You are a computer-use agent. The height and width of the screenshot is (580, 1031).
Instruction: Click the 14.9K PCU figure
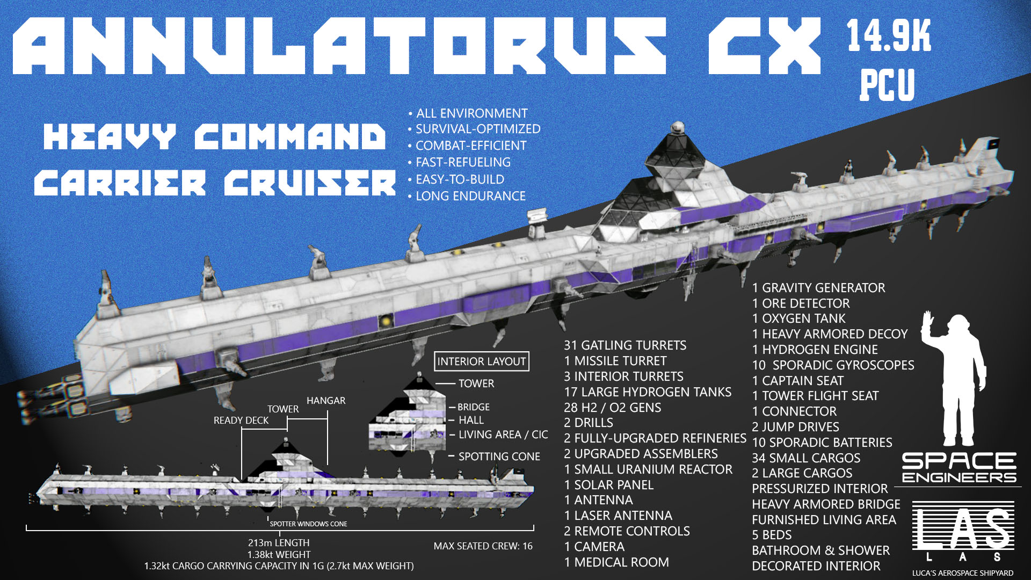point(889,59)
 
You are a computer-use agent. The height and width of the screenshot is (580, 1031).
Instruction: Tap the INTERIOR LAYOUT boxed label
point(481,361)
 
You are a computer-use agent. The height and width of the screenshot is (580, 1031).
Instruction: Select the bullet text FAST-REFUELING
point(463,162)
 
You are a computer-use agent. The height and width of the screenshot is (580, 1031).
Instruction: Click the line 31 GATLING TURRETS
point(625,345)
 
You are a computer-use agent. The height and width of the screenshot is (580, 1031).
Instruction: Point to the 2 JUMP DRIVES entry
point(795,427)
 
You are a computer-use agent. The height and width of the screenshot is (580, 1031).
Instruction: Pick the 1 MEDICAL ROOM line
point(616,562)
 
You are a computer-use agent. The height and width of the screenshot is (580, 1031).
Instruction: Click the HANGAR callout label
point(326,401)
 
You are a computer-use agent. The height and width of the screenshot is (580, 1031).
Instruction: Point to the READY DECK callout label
point(241,421)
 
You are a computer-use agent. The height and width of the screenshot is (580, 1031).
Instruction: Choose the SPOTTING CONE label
point(499,456)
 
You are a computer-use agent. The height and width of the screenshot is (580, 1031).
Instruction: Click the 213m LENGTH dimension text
point(279,543)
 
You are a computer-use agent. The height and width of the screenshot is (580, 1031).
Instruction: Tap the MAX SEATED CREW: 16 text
point(483,546)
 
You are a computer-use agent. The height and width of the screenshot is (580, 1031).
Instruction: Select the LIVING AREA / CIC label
point(503,434)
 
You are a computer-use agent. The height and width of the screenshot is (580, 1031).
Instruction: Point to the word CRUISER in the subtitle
point(310,183)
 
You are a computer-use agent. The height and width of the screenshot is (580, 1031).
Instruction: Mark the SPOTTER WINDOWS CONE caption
point(308,524)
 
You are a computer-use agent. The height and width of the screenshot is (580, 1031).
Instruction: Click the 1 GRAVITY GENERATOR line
point(818,288)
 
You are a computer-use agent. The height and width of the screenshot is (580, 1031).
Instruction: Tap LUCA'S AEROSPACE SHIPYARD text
point(963,573)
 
